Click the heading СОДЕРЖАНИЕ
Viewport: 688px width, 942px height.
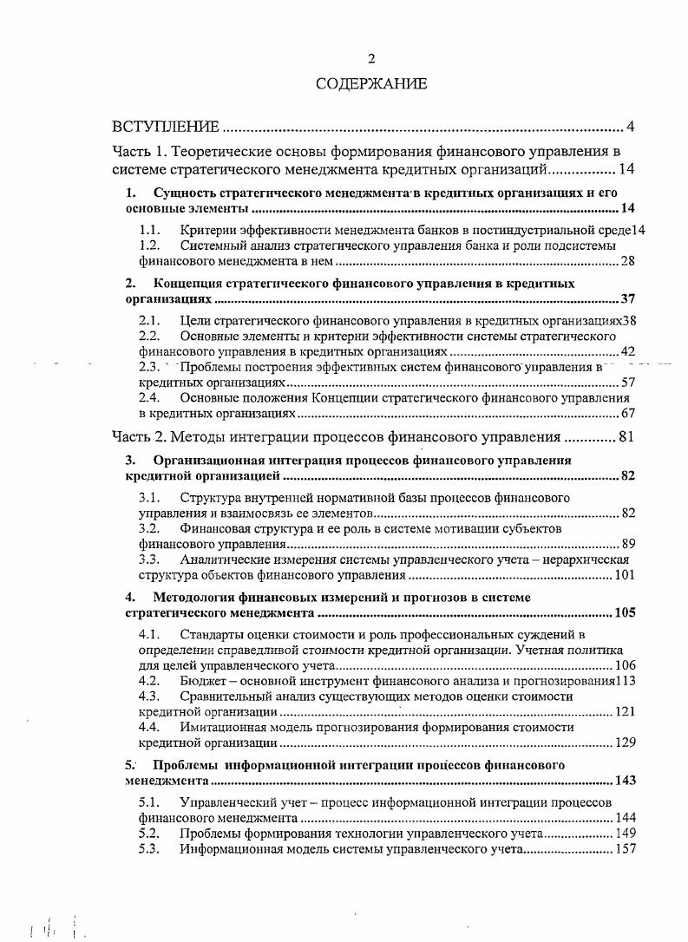pyautogui.click(x=371, y=84)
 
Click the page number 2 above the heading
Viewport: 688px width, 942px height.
pyautogui.click(x=371, y=59)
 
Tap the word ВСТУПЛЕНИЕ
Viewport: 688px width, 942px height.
pyautogui.click(x=166, y=128)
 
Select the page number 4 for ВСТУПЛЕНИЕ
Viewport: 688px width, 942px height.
pyautogui.click(x=631, y=128)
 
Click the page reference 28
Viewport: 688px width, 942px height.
pyautogui.click(x=628, y=260)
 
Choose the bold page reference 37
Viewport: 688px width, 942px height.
pyautogui.click(x=628, y=299)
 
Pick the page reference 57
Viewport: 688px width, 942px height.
pyautogui.click(x=628, y=382)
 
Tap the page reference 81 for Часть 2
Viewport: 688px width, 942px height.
pyautogui.click(x=627, y=436)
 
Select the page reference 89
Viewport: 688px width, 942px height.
pyautogui.click(x=628, y=544)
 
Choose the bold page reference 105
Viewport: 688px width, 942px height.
pyautogui.click(x=625, y=612)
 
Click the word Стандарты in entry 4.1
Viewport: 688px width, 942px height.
pyautogui.click(x=211, y=634)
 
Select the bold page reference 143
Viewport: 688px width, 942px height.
pyautogui.click(x=625, y=781)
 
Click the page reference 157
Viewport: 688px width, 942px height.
pyautogui.click(x=625, y=849)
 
